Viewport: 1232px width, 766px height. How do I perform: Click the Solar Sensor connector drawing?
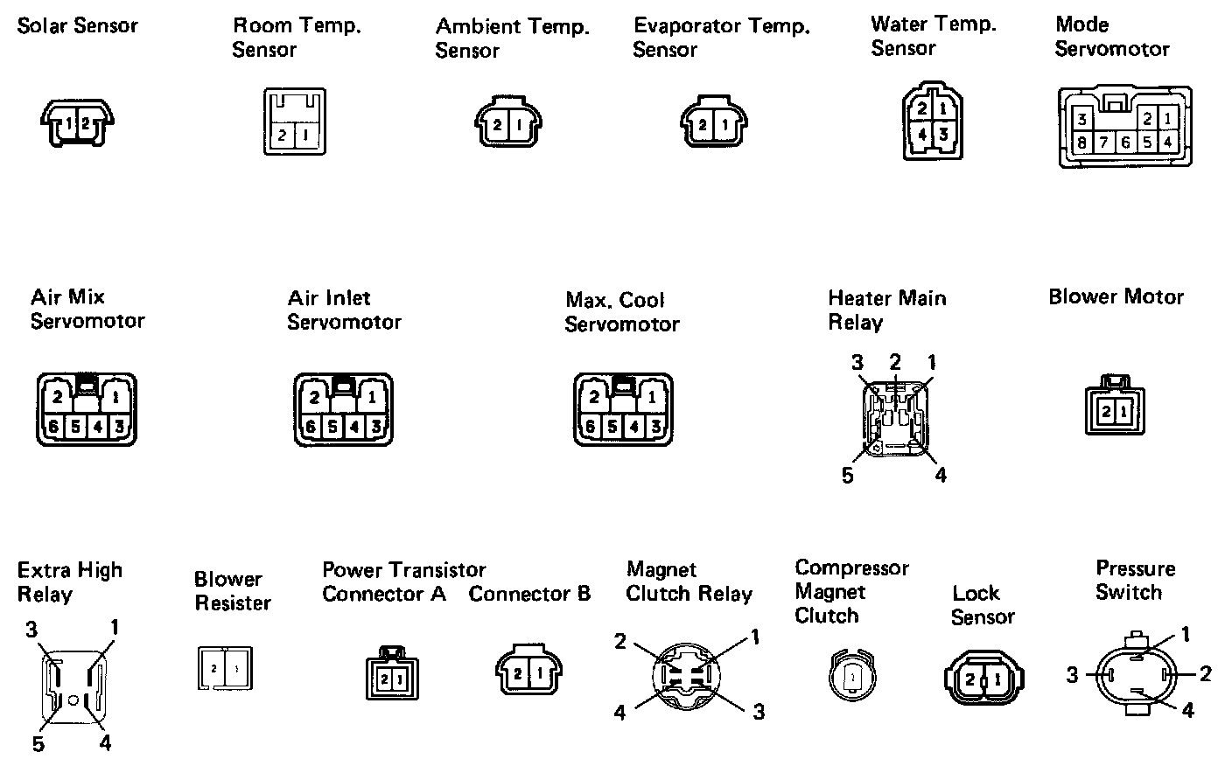coord(77,122)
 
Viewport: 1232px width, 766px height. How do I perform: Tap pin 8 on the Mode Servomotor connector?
coord(1081,143)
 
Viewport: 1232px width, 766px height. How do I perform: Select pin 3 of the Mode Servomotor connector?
coord(1081,119)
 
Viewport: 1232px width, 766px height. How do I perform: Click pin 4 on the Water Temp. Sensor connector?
coord(922,134)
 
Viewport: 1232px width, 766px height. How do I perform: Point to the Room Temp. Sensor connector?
coord(295,122)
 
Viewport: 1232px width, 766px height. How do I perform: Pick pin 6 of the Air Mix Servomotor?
coord(53,427)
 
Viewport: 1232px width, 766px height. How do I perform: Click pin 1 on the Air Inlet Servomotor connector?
coord(372,397)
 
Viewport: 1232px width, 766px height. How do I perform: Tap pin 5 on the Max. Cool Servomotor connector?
coord(612,427)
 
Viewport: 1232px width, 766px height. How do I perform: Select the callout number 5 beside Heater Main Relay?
coord(848,476)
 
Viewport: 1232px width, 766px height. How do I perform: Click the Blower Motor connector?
coord(1115,405)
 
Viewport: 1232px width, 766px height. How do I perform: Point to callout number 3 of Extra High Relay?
coord(31,630)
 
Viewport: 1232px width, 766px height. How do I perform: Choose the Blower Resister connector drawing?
coord(226,668)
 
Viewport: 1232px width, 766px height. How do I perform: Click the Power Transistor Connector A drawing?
coord(392,672)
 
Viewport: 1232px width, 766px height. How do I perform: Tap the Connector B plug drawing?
coord(529,669)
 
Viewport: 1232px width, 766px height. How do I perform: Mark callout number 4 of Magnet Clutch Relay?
coord(619,713)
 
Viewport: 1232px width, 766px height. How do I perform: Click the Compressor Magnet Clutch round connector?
coord(852,676)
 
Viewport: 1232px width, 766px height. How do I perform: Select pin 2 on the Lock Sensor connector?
coord(970,679)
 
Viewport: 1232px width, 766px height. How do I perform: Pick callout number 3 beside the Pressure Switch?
coord(1072,675)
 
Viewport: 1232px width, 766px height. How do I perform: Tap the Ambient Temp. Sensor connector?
coord(508,122)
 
